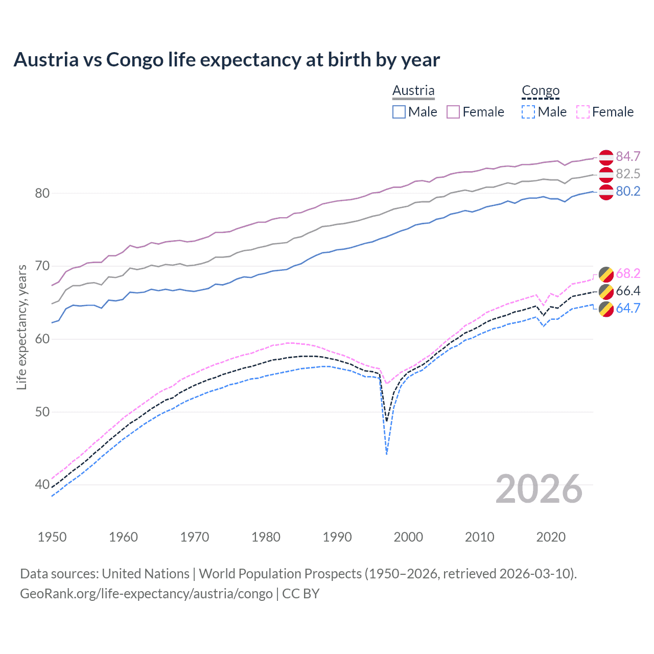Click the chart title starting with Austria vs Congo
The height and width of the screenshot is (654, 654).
[x=226, y=60]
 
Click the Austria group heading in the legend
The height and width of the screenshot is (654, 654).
[x=413, y=90]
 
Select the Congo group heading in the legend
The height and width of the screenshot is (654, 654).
[x=541, y=90]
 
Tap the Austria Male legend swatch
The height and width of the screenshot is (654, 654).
[x=399, y=112]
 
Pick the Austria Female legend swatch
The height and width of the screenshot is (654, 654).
[x=453, y=112]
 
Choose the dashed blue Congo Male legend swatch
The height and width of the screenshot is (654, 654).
[x=528, y=112]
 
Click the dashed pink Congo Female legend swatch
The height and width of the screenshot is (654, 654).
[x=583, y=112]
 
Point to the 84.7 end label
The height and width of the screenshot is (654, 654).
[x=628, y=156]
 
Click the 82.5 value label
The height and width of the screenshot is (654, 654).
[x=628, y=174]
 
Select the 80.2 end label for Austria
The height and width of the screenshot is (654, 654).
[x=628, y=191]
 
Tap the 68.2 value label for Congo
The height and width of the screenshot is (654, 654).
[x=628, y=273]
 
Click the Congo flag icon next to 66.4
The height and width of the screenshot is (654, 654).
[x=606, y=291]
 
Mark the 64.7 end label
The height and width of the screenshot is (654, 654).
[x=628, y=308]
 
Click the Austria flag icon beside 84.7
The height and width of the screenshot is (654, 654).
[x=606, y=157]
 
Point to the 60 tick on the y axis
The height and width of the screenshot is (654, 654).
[x=42, y=339]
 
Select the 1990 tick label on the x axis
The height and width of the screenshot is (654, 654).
[x=337, y=537]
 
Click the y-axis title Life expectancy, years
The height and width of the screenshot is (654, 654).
[x=21, y=327]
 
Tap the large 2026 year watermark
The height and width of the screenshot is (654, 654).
[x=539, y=489]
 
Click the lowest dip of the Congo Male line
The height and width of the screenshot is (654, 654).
[x=387, y=453]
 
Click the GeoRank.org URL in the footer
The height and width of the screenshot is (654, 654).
[x=146, y=593]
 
